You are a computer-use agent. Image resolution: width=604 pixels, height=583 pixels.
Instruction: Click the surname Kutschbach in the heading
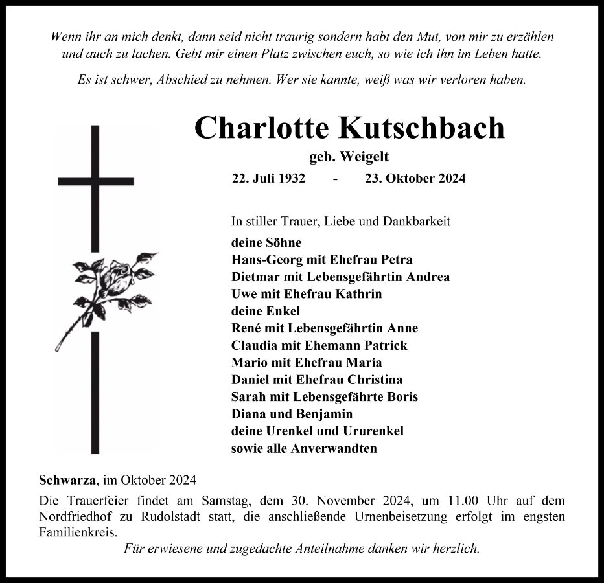click(421, 128)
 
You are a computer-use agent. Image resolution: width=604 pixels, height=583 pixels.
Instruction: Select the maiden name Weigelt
click(364, 156)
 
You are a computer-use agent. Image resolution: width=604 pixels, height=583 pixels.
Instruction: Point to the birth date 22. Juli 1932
click(268, 179)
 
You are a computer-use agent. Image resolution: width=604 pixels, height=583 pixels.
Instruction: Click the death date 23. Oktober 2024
click(415, 179)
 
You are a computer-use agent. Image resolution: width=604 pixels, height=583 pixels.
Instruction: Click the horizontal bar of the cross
click(96, 181)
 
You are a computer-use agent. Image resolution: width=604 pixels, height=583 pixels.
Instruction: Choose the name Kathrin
click(359, 294)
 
